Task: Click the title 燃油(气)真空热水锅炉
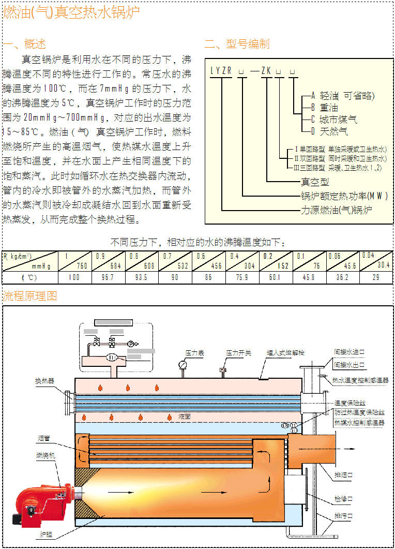[x=71, y=13]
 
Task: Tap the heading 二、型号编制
[x=237, y=44]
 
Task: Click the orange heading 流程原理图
[x=30, y=296]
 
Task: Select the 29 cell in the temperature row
[x=376, y=277]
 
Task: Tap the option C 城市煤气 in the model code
[x=334, y=120]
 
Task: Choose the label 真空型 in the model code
[x=315, y=182]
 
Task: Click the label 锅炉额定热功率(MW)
[x=344, y=196]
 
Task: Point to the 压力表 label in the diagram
[x=195, y=353]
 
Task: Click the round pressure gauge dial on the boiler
[x=183, y=365]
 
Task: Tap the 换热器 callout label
[x=44, y=381]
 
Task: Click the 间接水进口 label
[x=350, y=351]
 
